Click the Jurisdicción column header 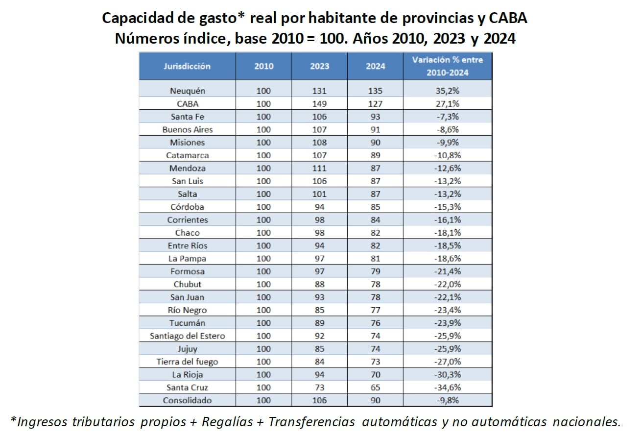187,66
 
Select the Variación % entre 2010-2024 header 447,66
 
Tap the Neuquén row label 187,91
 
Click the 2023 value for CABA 319,104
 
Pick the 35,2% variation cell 448,91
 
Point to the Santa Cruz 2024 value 375,388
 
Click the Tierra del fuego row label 187,362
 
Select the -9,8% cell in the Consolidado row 448,400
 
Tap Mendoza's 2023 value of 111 319,168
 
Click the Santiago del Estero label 187,336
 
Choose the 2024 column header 375,66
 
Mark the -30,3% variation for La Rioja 448,375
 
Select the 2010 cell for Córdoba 263,207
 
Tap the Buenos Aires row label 187,130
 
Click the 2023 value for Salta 319,194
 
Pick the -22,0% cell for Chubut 448,284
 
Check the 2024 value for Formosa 375,271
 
